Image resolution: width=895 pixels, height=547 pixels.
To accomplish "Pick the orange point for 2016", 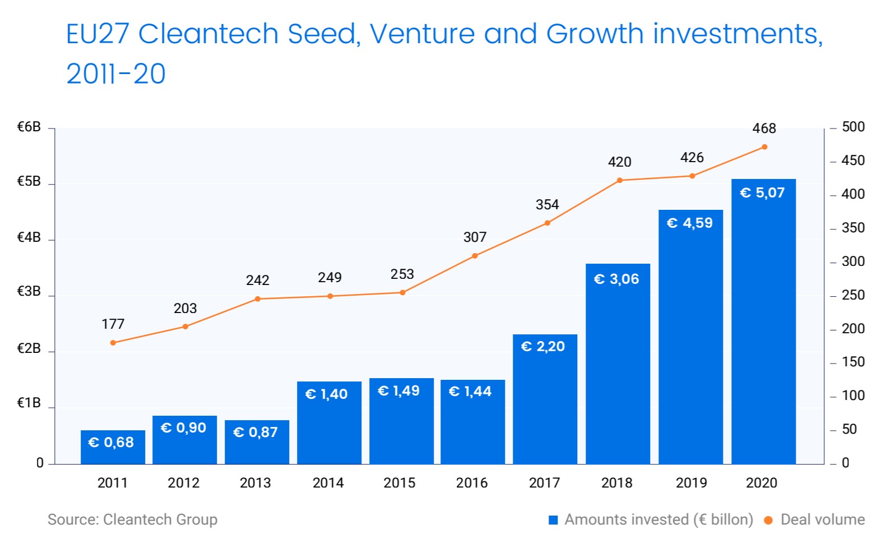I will click(475, 256).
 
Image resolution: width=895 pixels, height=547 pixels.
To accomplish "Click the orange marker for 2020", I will click(764, 147).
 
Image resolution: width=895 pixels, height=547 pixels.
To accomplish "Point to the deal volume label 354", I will click(547, 205).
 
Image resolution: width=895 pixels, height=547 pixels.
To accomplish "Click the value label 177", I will click(113, 324).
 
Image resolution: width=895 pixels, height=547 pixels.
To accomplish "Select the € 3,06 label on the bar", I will click(616, 279).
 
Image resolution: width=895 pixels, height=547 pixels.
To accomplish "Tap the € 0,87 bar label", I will click(256, 432).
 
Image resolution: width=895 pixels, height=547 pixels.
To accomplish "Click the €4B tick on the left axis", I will click(29, 237).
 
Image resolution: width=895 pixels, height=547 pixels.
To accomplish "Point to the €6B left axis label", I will click(29, 127).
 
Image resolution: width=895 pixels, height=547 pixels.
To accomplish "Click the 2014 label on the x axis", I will click(328, 482).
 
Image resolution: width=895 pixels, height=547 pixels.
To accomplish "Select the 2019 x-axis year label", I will click(691, 482).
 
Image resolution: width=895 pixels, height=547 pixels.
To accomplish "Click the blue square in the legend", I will click(553, 520).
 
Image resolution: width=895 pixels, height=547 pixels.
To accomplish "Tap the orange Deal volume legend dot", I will click(768, 520).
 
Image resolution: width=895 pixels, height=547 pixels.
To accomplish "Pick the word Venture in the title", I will click(422, 34).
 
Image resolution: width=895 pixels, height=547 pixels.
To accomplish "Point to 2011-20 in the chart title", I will click(116, 73).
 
